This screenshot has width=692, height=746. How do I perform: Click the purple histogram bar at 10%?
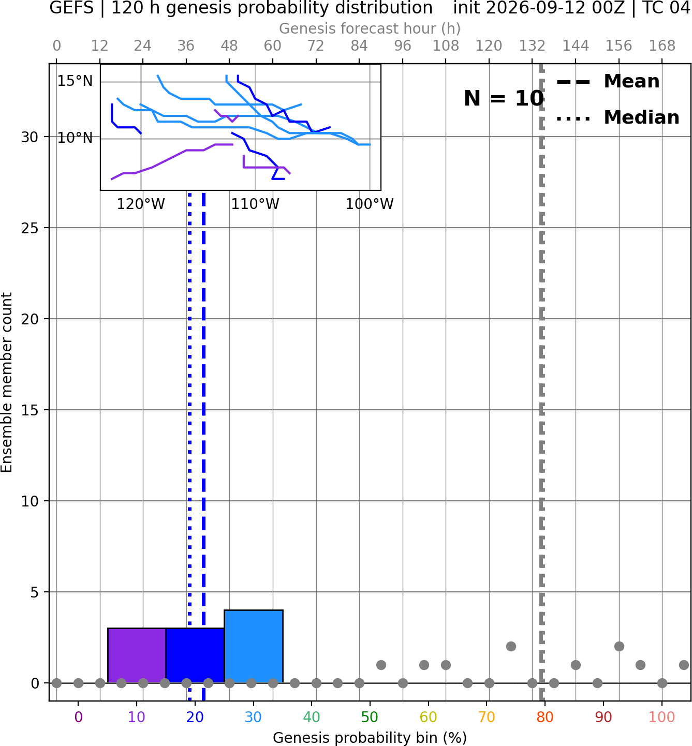click(137, 655)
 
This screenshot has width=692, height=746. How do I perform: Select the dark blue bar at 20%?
click(195, 655)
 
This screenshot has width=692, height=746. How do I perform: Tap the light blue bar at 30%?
click(254, 647)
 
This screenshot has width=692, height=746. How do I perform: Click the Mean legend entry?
click(608, 82)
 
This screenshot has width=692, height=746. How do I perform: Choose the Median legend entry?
click(617, 118)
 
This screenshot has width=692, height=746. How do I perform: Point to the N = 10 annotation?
click(504, 98)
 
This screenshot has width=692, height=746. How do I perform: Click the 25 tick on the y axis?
click(30, 228)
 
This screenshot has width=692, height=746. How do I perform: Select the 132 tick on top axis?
click(532, 46)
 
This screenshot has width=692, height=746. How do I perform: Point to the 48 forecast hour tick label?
click(229, 46)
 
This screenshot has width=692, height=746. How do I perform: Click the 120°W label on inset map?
click(141, 204)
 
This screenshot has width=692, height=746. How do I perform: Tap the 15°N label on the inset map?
click(75, 81)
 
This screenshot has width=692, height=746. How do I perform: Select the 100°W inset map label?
click(370, 204)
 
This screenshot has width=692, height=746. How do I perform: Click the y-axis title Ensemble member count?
click(7, 382)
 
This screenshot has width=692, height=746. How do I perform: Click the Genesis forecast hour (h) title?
click(370, 28)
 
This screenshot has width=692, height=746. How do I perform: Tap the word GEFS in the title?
click(71, 8)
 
